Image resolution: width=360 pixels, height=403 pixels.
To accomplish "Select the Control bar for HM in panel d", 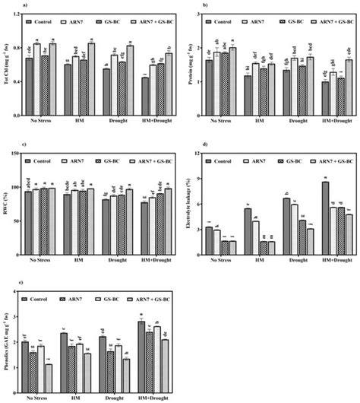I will (x=248, y=233).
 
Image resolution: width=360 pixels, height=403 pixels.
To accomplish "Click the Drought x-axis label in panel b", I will (x=286, y=116).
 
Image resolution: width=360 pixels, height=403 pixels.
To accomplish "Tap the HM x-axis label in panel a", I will (x=77, y=116).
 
